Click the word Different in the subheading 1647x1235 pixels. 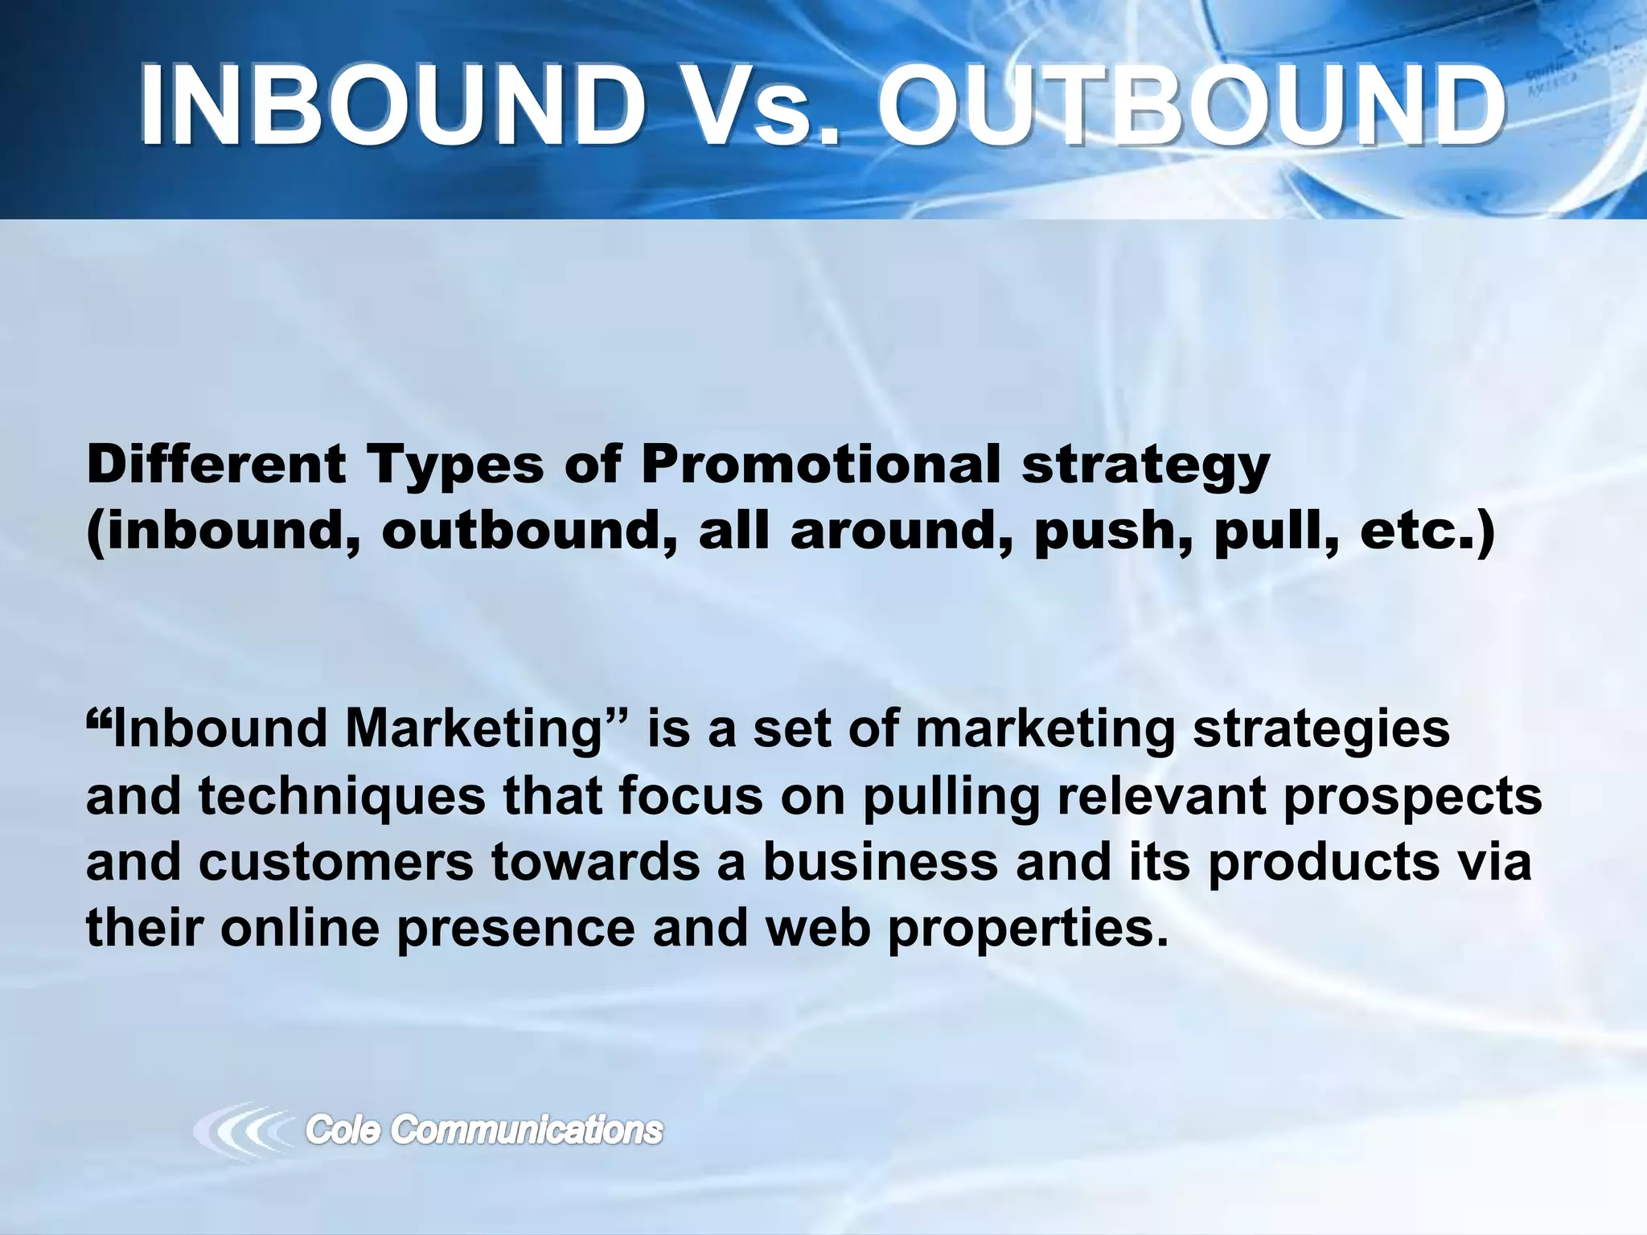pos(216,465)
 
